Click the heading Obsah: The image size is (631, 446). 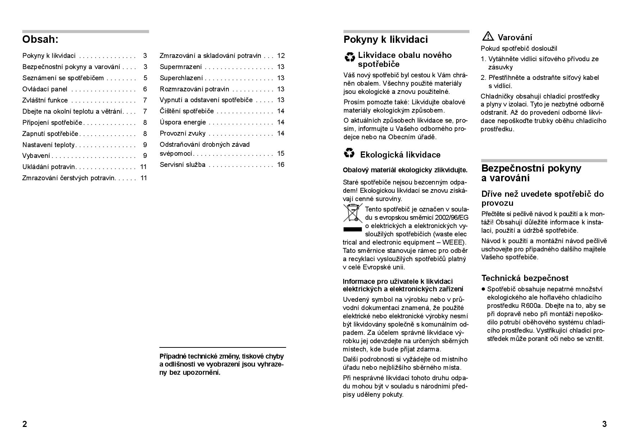(40, 39)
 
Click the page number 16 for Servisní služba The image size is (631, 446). (281, 165)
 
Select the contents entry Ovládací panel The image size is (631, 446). (45, 89)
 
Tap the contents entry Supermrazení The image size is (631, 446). (181, 67)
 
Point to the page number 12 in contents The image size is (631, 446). (281, 56)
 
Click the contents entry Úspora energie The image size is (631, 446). (183, 122)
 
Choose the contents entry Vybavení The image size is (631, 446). (36, 156)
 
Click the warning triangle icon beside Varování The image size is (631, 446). (488, 36)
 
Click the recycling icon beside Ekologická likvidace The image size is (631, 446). (349, 154)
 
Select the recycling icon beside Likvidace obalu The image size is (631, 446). (350, 57)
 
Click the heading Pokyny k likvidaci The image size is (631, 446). (386, 40)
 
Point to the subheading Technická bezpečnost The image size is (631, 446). (525, 278)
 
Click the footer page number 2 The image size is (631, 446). (24, 424)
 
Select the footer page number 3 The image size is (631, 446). (604, 424)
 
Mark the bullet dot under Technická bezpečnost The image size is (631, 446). (483, 289)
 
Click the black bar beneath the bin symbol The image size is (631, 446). (353, 229)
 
